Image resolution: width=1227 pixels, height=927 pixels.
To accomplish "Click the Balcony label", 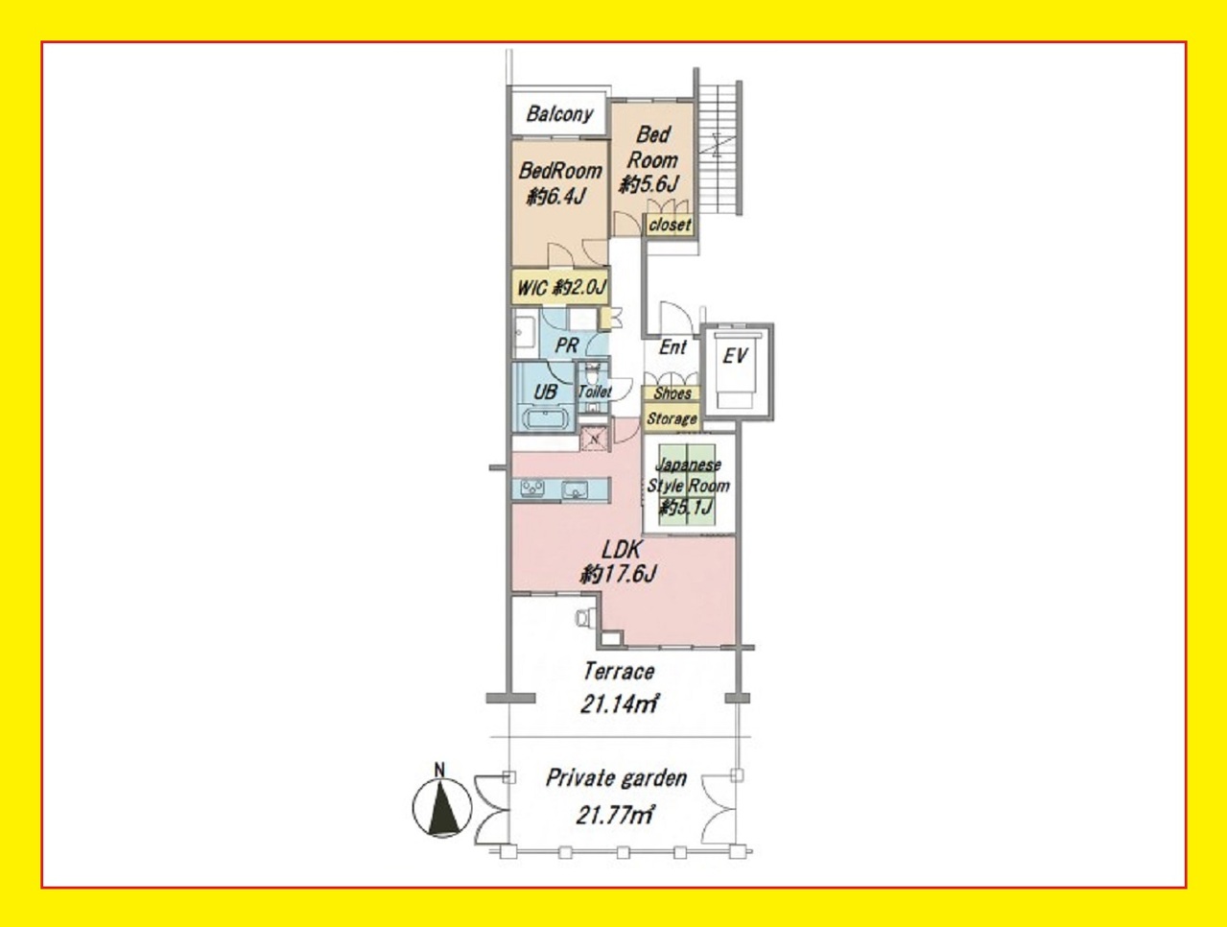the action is click(x=559, y=114).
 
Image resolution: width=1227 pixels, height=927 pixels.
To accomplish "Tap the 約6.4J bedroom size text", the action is click(x=555, y=197).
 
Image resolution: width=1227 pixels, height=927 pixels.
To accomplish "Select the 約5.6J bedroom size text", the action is click(x=649, y=184).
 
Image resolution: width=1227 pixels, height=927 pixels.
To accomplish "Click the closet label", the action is click(x=670, y=225).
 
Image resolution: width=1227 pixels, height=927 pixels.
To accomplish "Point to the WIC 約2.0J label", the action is click(x=560, y=287).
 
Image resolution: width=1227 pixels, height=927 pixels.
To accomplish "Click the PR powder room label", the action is click(x=567, y=345).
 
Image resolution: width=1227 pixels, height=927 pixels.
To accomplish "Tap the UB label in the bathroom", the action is click(x=545, y=392).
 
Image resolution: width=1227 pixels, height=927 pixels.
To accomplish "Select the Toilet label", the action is click(x=595, y=392).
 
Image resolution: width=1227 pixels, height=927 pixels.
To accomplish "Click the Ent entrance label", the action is click(x=672, y=347).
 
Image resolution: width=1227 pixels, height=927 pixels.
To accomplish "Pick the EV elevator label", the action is click(x=735, y=356).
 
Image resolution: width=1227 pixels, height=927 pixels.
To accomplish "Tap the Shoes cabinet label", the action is click(x=672, y=393).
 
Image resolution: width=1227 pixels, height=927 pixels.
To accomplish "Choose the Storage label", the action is click(x=672, y=418).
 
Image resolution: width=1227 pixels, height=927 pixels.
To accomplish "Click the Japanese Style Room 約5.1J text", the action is click(x=688, y=486).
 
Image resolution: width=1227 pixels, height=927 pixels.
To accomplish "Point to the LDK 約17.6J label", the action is click(x=618, y=562).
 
